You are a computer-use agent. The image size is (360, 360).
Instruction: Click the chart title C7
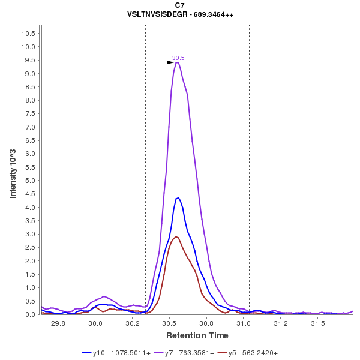pos(180,5)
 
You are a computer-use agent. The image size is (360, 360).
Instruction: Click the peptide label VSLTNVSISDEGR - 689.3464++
pos(180,14)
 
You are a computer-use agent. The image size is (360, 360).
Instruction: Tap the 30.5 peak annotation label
pos(178,58)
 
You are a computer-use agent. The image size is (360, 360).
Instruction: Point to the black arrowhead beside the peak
pos(170,62)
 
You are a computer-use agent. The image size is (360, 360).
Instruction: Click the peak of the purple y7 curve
pos(178,62)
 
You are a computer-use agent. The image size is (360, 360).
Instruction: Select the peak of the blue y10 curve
pos(178,197)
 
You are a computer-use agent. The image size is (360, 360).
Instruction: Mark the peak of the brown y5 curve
pos(175,236)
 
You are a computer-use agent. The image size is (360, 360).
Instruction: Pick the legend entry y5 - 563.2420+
pos(248,353)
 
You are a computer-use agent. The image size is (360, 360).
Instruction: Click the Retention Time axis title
pos(197,335)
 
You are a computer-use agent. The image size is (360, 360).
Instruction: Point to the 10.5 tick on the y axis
pos(30,33)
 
